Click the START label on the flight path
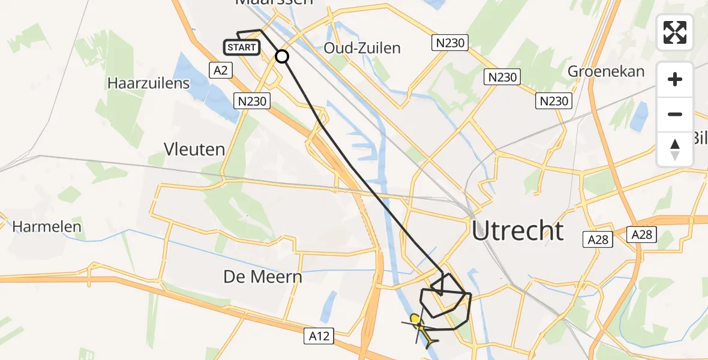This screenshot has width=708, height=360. (x=242, y=47)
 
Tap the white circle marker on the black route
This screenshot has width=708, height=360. (x=282, y=56)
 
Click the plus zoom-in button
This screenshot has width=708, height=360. (x=675, y=79)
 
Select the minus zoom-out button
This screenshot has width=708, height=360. (x=675, y=114)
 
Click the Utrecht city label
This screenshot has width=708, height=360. (x=518, y=231)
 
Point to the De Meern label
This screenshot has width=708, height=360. (x=263, y=277)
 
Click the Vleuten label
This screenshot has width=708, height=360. (x=194, y=149)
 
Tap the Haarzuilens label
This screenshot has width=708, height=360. (x=149, y=83)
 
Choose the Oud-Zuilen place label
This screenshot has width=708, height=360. (x=362, y=48)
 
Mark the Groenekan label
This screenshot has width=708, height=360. (x=606, y=71)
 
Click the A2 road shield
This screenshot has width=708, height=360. (x=221, y=70)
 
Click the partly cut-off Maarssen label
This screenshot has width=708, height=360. (x=274, y=3)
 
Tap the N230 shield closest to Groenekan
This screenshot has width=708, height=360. (x=554, y=101)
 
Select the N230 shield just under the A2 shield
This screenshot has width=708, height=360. (x=252, y=101)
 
